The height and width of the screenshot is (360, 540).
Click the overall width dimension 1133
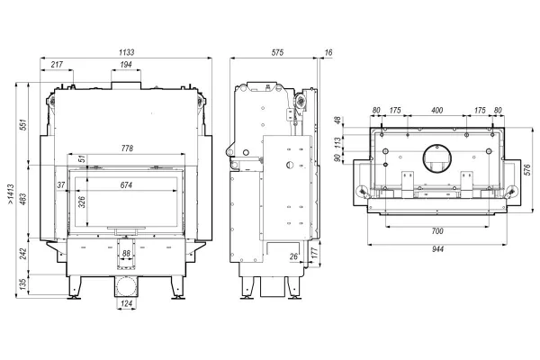point(126,52)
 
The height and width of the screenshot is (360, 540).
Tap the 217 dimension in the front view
point(57,65)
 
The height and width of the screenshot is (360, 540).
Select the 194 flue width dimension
point(126,65)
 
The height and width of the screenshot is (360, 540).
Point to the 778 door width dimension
point(127,148)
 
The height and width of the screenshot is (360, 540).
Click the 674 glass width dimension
point(126,185)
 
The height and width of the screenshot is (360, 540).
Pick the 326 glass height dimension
point(82,202)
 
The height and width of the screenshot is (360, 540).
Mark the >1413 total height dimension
point(11,194)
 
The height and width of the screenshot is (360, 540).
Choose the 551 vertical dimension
point(23,125)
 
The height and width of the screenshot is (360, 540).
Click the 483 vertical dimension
point(23,199)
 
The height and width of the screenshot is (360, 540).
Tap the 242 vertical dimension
point(23,254)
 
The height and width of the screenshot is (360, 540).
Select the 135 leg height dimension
point(23,283)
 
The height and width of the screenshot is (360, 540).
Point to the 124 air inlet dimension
point(127,304)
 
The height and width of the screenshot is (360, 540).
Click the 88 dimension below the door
point(126,254)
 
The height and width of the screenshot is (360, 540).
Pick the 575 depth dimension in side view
point(277,52)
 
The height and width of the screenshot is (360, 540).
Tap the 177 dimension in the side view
point(314,253)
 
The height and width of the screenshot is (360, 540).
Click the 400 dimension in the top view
point(436,111)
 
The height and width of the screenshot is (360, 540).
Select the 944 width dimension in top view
point(437,249)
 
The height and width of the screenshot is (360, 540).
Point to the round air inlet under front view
point(126,286)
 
